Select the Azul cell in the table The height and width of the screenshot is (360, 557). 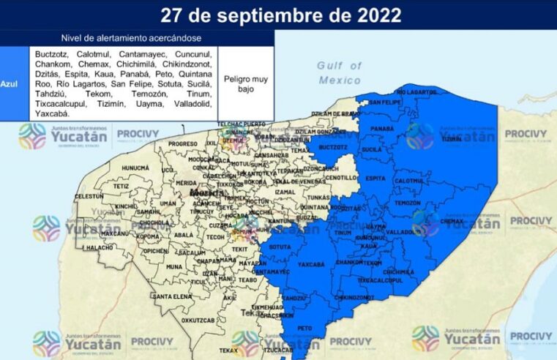pyautogui.click(x=10, y=84)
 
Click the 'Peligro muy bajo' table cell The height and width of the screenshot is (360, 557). pyautogui.click(x=245, y=83)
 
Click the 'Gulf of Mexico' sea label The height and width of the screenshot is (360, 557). pyautogui.click(x=338, y=72)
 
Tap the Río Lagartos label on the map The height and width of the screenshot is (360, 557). pyautogui.click(x=416, y=92)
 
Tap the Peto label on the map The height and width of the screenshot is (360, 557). pyautogui.click(x=304, y=329)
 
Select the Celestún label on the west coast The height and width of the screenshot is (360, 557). pyautogui.click(x=89, y=197)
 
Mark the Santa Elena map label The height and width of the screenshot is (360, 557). pyautogui.click(x=171, y=296)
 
